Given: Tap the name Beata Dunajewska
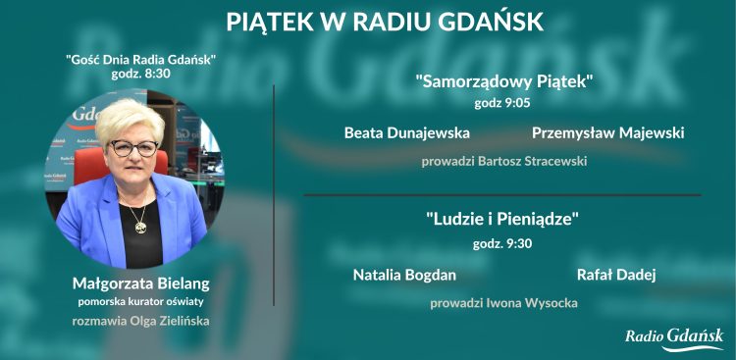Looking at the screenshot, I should click(406, 132).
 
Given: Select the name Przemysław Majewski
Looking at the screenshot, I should click(607, 132).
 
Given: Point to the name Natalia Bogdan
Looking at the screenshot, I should click(404, 275).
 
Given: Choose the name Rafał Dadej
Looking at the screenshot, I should click(615, 275).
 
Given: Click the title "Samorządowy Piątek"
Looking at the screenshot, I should click(503, 81).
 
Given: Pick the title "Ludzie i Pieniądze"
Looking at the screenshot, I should click(503, 220).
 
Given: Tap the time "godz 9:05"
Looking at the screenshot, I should click(503, 102).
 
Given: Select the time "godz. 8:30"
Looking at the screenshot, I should click(140, 74).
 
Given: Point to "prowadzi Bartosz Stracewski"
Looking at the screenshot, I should click(503, 161).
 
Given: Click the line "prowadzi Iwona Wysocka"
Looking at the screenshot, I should click(503, 303).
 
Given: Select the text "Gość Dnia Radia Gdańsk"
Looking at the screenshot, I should click(140, 59).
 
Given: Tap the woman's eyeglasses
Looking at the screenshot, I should click(132, 148).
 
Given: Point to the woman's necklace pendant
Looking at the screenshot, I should click(139, 227).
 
